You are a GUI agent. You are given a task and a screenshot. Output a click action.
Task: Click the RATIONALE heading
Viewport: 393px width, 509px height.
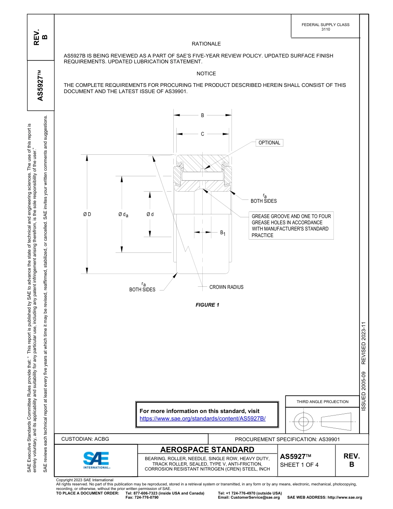pos(206,44)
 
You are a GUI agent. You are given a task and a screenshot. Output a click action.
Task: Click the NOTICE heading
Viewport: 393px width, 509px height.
pos(206,74)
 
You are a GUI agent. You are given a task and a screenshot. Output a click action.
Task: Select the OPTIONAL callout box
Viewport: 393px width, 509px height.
pos(269,143)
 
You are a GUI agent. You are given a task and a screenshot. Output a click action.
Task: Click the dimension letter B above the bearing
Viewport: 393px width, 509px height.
pos(202,115)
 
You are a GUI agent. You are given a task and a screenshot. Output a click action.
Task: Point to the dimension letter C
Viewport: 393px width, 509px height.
pos(202,134)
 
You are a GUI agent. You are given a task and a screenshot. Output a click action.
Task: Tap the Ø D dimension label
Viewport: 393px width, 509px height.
pos(87,214)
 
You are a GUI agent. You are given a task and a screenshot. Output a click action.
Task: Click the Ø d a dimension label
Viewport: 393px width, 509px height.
pos(123,214)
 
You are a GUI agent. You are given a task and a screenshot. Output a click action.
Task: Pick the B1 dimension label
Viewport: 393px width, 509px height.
pos(223,233)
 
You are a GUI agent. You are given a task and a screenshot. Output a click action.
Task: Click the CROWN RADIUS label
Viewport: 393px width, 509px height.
pos(226,287)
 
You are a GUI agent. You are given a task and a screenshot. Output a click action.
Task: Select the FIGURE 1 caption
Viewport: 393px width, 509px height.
pos(207,305)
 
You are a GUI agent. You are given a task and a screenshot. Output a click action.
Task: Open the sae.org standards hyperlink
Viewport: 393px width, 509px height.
pos(203,418)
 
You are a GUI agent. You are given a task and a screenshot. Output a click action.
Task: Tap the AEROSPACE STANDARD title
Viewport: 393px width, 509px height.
pos(207,450)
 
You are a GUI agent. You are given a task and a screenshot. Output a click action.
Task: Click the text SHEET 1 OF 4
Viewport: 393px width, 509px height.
pos(300,464)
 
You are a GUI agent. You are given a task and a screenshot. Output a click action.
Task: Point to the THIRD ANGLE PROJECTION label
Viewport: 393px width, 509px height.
pos(322,401)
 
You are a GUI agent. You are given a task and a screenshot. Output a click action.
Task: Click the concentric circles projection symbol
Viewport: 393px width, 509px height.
pos(304,422)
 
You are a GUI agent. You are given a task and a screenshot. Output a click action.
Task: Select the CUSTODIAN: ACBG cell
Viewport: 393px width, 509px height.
pos(85,439)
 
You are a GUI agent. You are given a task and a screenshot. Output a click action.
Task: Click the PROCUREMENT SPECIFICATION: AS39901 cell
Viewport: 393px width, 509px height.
pos(287,439)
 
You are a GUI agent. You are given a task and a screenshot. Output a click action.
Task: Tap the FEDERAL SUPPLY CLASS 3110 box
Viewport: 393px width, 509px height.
pos(326,27)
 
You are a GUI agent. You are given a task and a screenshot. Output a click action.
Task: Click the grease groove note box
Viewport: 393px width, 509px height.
pos(291,226)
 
